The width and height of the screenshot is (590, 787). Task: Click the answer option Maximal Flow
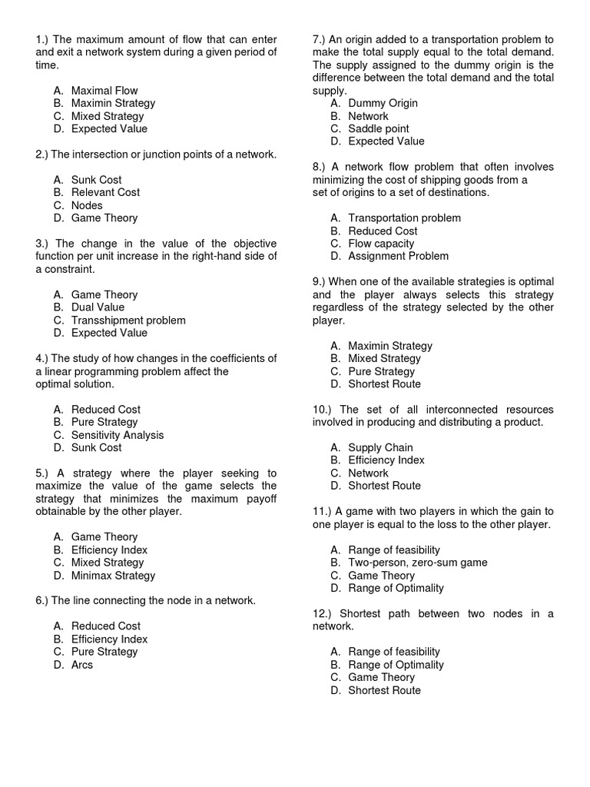[104, 91]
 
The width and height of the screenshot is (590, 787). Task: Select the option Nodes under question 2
[87, 205]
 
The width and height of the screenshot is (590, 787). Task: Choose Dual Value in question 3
[98, 307]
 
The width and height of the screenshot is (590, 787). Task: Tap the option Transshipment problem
[128, 320]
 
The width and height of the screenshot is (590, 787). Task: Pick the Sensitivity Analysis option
[118, 435]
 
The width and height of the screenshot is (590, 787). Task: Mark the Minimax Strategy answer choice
[113, 575]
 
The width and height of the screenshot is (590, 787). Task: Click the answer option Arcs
[81, 664]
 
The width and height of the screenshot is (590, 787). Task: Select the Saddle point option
[378, 128]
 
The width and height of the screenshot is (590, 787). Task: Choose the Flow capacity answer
[381, 244]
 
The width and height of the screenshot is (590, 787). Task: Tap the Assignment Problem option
[398, 256]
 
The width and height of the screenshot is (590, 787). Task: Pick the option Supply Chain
[380, 447]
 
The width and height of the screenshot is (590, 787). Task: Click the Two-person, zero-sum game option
[417, 563]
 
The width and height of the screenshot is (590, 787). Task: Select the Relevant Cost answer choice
[105, 192]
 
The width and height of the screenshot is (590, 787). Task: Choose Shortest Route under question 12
[384, 690]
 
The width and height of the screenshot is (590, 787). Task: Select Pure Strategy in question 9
[381, 371]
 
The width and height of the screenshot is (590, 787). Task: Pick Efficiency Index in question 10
[386, 460]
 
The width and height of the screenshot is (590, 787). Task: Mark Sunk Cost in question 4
[96, 447]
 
